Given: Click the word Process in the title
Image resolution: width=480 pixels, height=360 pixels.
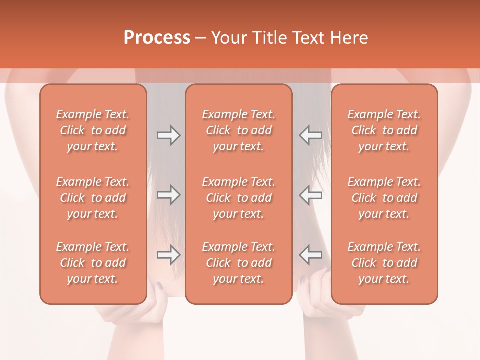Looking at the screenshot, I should pos(157,38).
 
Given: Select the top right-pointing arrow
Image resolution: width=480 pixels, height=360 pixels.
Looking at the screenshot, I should pos(168,135).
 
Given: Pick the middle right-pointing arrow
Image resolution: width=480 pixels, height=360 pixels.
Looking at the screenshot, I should pos(168,195).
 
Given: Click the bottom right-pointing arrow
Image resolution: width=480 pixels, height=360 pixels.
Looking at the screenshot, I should pos(168,255).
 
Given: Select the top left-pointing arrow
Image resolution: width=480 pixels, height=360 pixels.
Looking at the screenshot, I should pos(311,135).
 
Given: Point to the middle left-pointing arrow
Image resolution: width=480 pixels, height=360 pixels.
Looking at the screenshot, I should pos(311,195).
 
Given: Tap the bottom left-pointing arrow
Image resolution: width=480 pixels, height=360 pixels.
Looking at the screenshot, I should pos(311,255).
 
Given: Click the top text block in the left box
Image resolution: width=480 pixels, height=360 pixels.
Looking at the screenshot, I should pos(93,130).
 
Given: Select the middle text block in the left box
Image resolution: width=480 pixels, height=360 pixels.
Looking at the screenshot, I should pos(93,198).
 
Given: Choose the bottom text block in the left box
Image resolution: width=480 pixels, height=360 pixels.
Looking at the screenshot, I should pos(93,263).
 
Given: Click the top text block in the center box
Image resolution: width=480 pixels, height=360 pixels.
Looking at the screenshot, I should pos(239,130).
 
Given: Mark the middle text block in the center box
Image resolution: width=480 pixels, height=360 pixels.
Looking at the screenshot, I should pos(239,198).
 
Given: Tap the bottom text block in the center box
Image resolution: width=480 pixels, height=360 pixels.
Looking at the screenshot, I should pos(239,263).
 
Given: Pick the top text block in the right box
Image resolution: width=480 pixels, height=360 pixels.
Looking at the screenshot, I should pos(384,130).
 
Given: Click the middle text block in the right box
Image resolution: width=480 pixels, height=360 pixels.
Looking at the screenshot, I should pos(384,198).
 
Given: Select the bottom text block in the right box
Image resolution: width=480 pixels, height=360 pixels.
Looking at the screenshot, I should pos(384,263).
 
